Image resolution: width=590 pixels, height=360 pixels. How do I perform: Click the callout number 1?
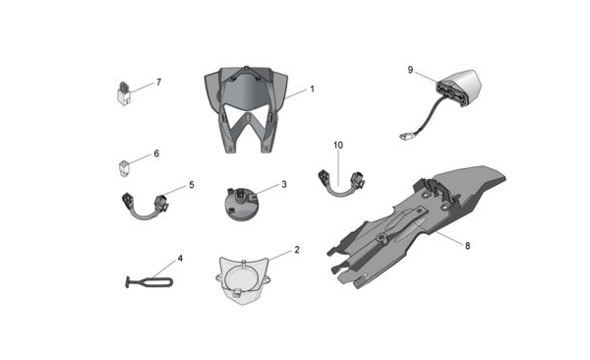[312, 90]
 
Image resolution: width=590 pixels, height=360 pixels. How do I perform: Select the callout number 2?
[297, 250]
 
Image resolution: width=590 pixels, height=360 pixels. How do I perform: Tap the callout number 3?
[284, 184]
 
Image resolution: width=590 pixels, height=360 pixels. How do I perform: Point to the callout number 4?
[180, 259]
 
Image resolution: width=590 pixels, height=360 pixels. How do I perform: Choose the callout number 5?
[192, 185]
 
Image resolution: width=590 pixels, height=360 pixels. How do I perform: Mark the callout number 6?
[156, 153]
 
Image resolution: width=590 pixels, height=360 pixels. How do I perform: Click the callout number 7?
[158, 82]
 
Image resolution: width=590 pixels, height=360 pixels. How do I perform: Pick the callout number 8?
[468, 246]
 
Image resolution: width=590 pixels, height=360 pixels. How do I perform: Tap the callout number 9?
[410, 70]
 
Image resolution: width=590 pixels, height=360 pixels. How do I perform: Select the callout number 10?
[338, 145]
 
